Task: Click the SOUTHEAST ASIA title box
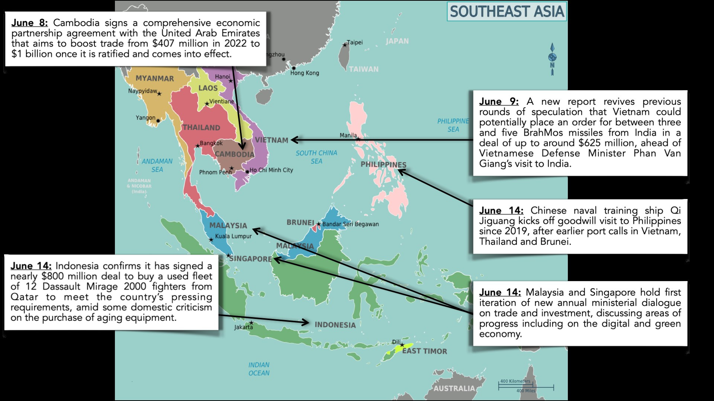pyautogui.click(x=506, y=12)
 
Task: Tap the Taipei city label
pyautogui.click(x=354, y=42)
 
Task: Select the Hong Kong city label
pyautogui.click(x=305, y=73)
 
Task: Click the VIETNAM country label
pyautogui.click(x=271, y=140)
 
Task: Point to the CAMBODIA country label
pyautogui.click(x=234, y=154)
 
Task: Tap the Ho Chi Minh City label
pyautogui.click(x=271, y=170)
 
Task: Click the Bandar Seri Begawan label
pyautogui.click(x=350, y=224)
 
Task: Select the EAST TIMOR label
pyautogui.click(x=424, y=351)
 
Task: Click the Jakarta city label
pyautogui.click(x=243, y=327)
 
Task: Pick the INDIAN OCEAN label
pyautogui.click(x=259, y=369)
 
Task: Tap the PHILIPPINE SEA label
pyautogui.click(x=453, y=125)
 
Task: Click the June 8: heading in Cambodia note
pyautogui.click(x=29, y=23)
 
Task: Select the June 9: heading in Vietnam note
pyautogui.click(x=498, y=102)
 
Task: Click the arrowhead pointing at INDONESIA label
pyautogui.click(x=305, y=322)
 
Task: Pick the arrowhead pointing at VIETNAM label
pyautogui.click(x=295, y=140)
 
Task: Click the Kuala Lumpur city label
pyautogui.click(x=233, y=236)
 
